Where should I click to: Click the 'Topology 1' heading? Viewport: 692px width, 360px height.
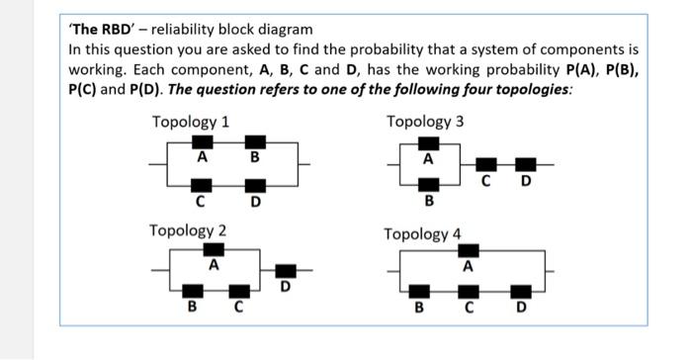191,122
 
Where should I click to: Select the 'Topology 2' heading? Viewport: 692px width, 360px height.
188,230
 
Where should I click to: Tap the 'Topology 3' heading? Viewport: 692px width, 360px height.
425,122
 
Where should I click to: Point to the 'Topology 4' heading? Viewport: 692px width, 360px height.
422,234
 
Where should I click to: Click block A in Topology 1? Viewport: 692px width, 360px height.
203,142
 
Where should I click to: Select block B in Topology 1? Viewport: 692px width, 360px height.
255,142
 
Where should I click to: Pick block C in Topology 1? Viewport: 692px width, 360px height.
202,186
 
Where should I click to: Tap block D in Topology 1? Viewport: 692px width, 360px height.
255,186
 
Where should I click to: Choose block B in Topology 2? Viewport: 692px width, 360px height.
193,290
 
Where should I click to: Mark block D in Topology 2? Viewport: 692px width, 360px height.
286,270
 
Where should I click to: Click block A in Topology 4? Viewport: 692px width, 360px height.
469,251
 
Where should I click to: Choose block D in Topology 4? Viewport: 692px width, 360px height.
521,291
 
